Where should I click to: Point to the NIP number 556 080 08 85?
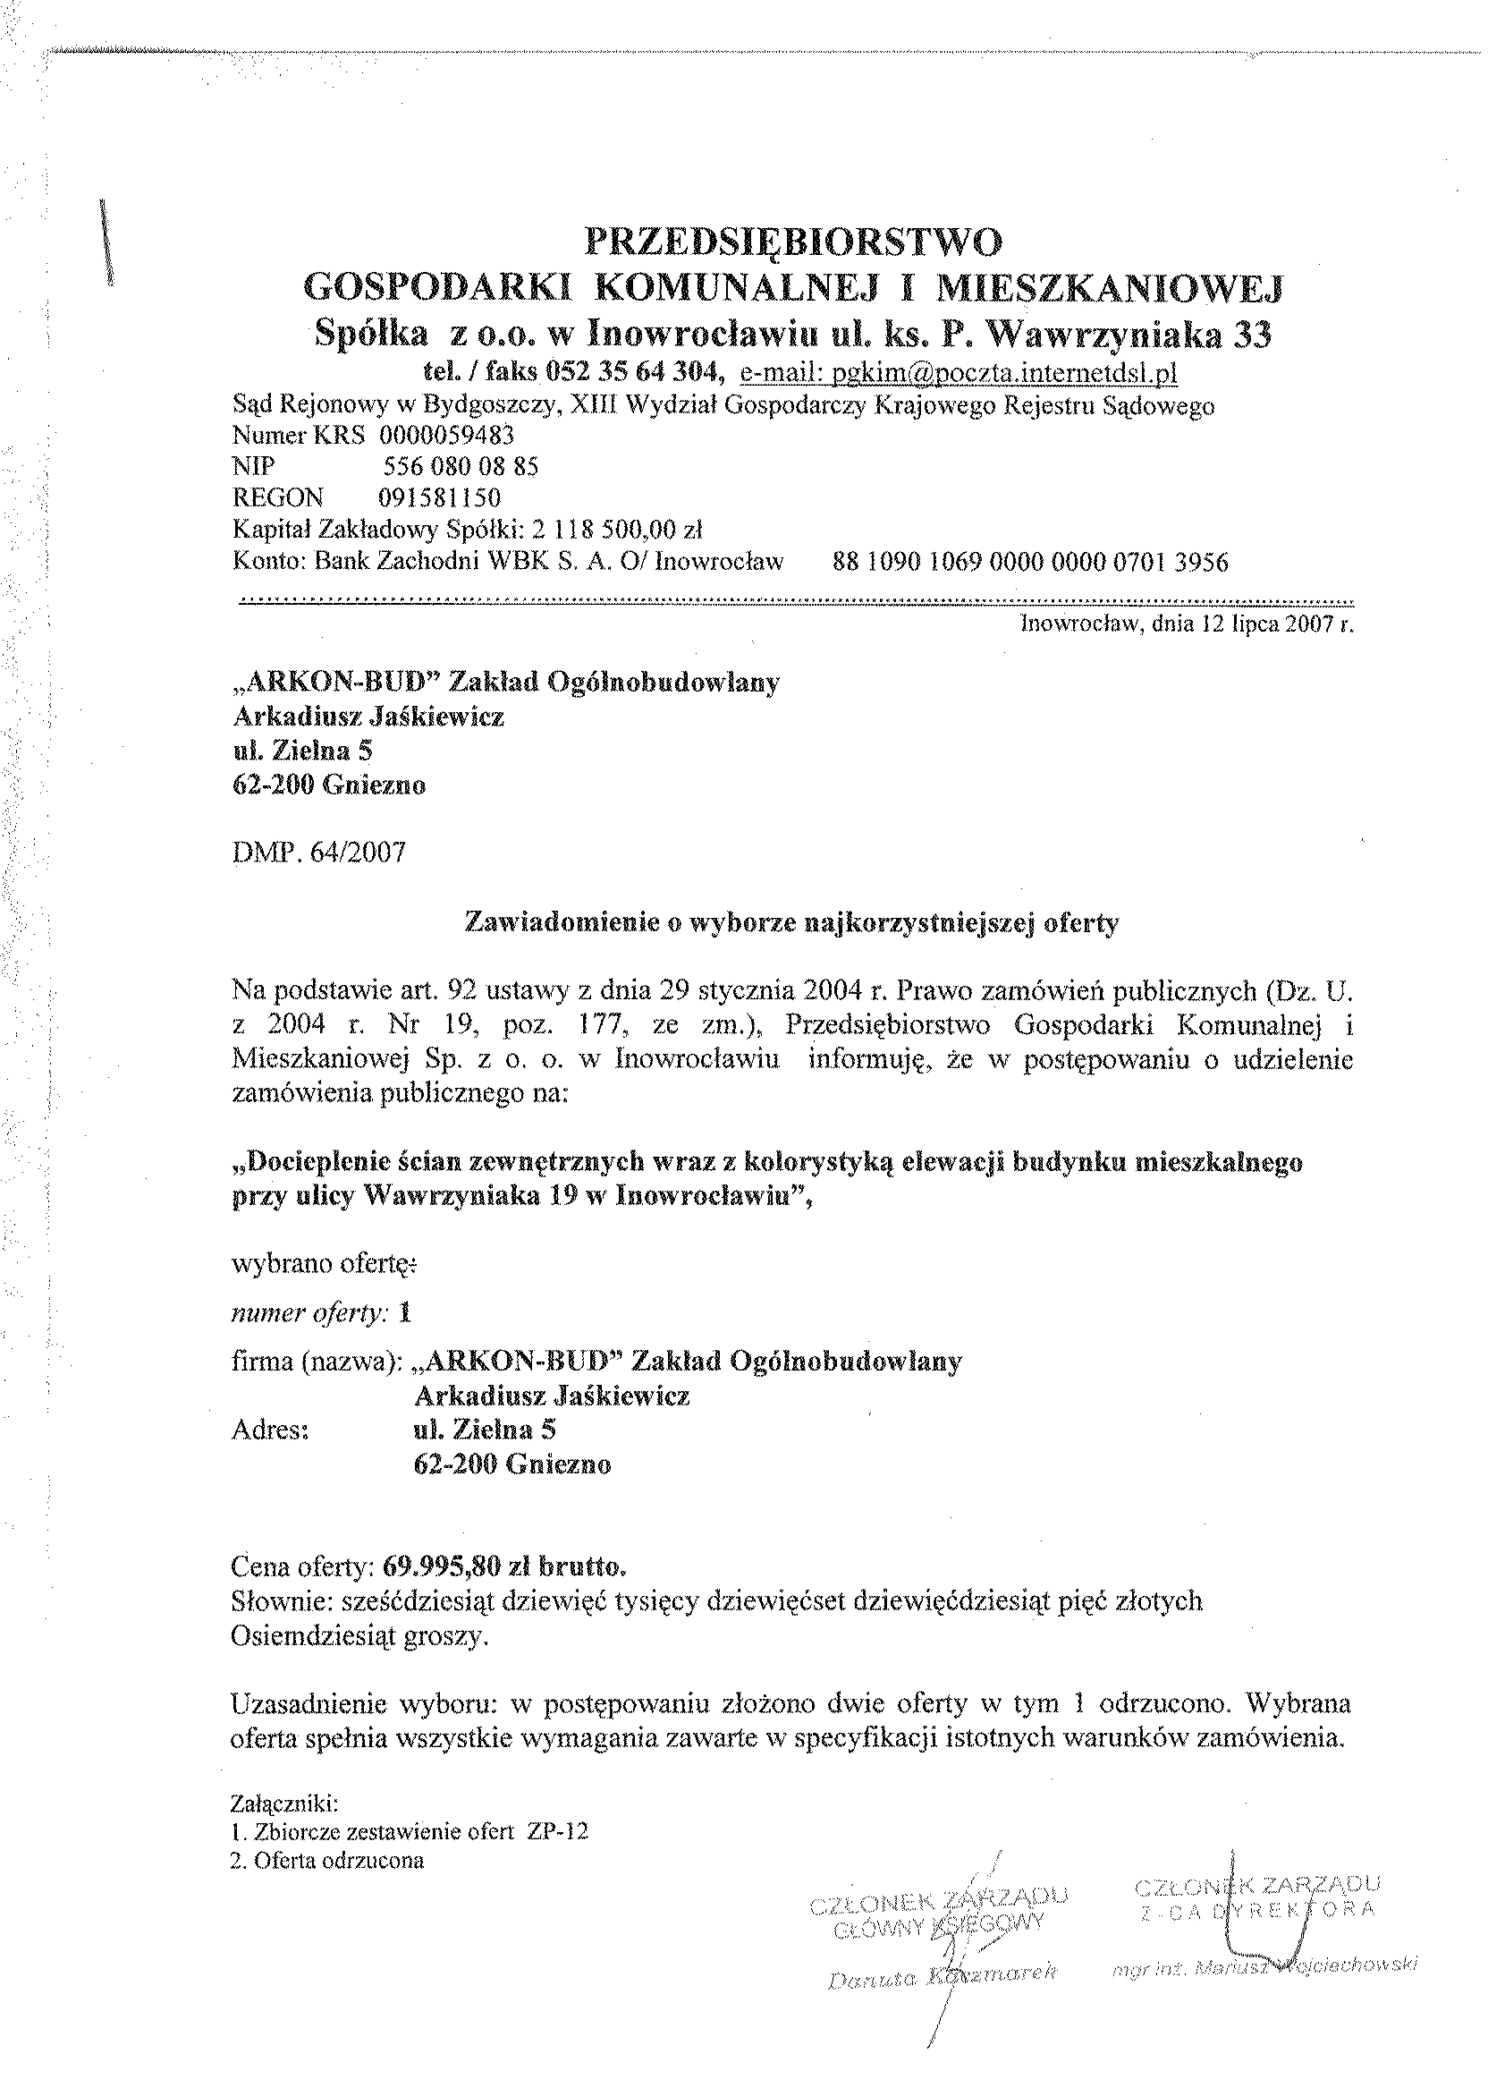pos(460,467)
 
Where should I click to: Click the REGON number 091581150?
pos(440,497)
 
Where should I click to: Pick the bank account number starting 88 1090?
pos(1030,562)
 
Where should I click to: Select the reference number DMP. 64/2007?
pos(319,853)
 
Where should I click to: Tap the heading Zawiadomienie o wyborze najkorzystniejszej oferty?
pos(792,923)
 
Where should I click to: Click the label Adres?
pos(270,1429)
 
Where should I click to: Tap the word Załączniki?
pos(285,1804)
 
